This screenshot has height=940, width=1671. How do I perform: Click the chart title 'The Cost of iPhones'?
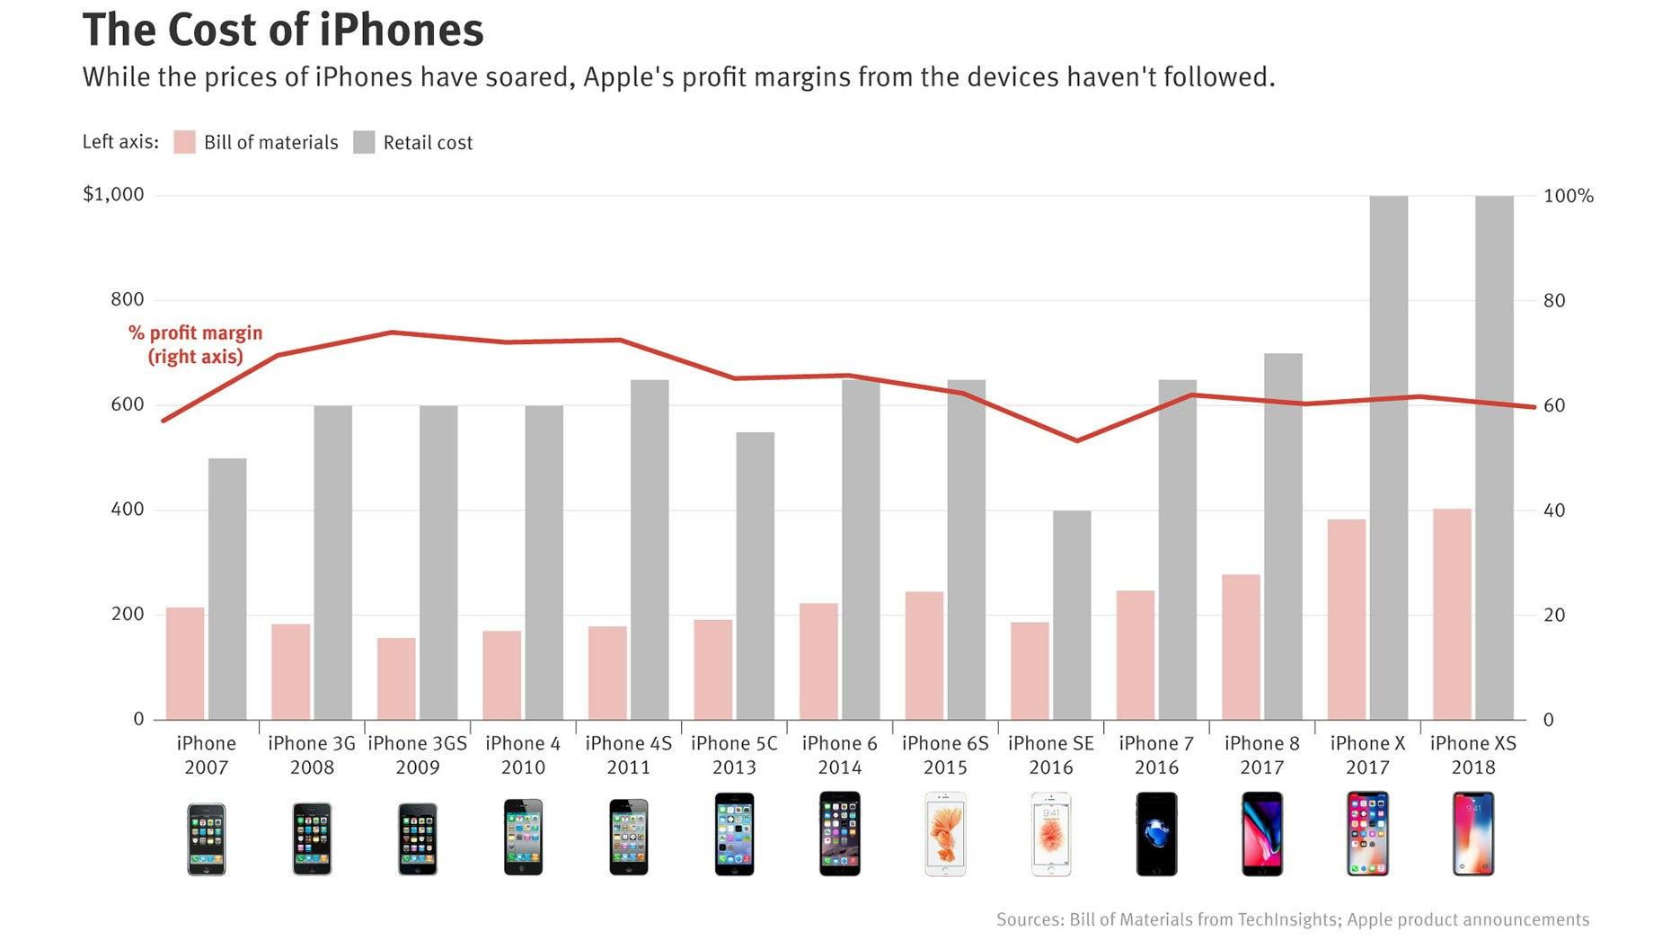[283, 31]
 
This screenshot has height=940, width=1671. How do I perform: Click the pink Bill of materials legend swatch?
[184, 142]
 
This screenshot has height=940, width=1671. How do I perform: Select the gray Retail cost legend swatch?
[364, 142]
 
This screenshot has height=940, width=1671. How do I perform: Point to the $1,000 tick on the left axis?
[113, 194]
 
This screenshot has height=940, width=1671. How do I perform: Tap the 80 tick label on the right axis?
[1554, 300]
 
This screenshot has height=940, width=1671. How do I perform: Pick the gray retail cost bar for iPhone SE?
[1072, 616]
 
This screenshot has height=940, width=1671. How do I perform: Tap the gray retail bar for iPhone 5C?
[756, 575]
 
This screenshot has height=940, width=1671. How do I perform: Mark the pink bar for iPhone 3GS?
[396, 678]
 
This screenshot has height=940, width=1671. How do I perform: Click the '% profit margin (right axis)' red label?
[196, 344]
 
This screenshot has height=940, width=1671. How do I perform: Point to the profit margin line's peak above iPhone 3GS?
[392, 333]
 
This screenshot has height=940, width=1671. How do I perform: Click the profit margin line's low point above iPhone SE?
[1077, 440]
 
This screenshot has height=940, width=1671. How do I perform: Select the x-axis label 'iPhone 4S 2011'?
[628, 755]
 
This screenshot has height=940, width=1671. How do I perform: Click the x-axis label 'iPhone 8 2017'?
[1261, 755]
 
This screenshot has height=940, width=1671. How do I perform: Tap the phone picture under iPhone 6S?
[945, 834]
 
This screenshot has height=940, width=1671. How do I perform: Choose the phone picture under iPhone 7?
[1156, 834]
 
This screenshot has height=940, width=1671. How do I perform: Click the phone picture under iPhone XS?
[1473, 834]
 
